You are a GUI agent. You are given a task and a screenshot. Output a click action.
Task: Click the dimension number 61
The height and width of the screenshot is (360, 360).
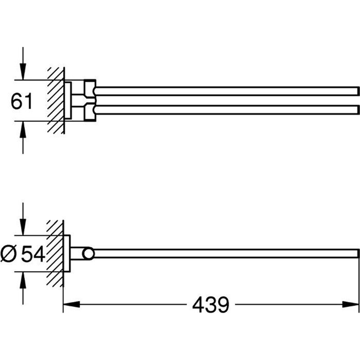coord(22,102)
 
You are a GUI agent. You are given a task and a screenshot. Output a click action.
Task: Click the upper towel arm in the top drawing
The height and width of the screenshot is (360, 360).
coord(225,91)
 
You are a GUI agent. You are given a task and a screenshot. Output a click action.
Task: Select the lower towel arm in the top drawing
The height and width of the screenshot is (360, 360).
coord(225,109)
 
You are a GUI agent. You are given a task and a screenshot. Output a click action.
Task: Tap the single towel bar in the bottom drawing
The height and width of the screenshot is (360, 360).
coord(225,253)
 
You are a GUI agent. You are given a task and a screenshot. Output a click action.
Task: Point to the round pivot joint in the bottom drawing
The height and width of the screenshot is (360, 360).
coord(88,254)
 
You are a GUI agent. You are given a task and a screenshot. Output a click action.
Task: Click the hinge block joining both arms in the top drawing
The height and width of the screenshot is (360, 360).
coord(90,100)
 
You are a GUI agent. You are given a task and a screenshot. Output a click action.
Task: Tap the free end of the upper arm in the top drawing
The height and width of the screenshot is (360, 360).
coord(357,91)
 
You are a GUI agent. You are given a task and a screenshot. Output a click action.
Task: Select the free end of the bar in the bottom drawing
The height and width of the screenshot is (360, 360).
coord(357,253)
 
